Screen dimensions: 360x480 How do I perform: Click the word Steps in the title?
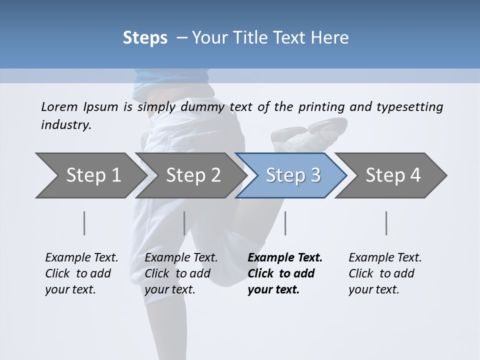click(145, 38)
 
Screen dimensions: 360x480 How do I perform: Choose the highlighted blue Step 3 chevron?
click(292, 175)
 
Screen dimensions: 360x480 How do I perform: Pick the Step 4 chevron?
click(393, 175)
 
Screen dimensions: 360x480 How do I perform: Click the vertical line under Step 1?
click(84, 223)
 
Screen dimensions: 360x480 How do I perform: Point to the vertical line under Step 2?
click(184, 223)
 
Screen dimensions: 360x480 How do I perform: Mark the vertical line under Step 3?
click(285, 223)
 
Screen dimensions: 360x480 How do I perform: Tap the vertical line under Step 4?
click(386, 223)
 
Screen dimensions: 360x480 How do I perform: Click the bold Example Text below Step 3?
click(284, 273)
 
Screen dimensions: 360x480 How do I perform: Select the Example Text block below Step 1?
click(81, 273)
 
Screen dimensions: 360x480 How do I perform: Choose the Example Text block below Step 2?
click(181, 273)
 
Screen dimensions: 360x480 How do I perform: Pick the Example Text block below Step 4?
click(385, 273)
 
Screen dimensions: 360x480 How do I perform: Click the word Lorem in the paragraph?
click(59, 107)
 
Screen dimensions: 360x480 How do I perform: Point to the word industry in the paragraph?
click(65, 125)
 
